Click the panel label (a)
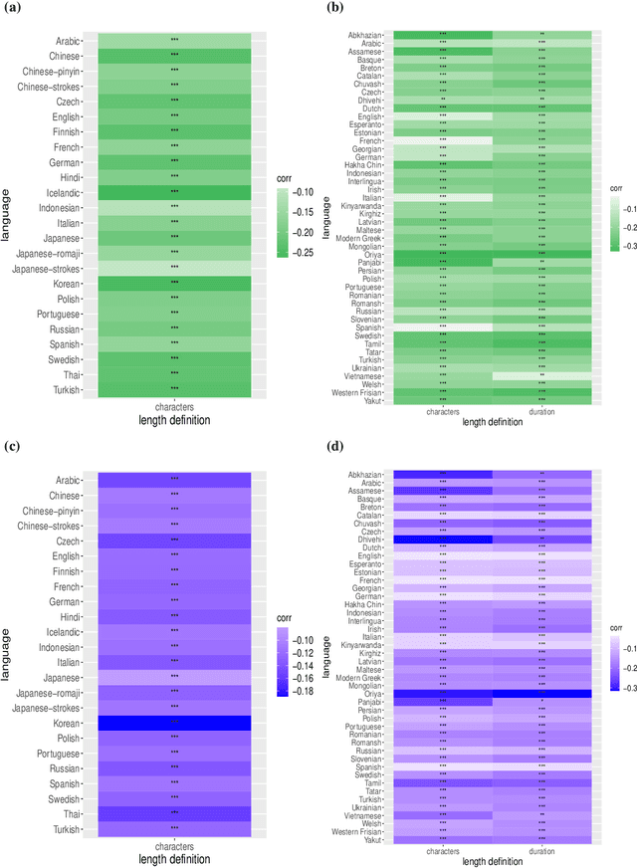pos(13,9)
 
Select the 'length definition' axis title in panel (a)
pos(174,421)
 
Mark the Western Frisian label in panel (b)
pos(353,392)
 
